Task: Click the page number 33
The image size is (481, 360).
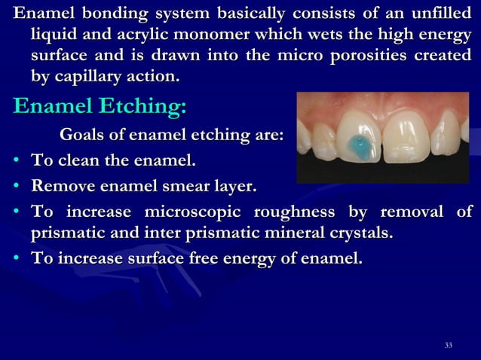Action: point(449,345)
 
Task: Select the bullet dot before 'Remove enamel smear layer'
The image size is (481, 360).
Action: point(16,186)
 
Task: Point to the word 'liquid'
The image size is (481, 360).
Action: point(54,35)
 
